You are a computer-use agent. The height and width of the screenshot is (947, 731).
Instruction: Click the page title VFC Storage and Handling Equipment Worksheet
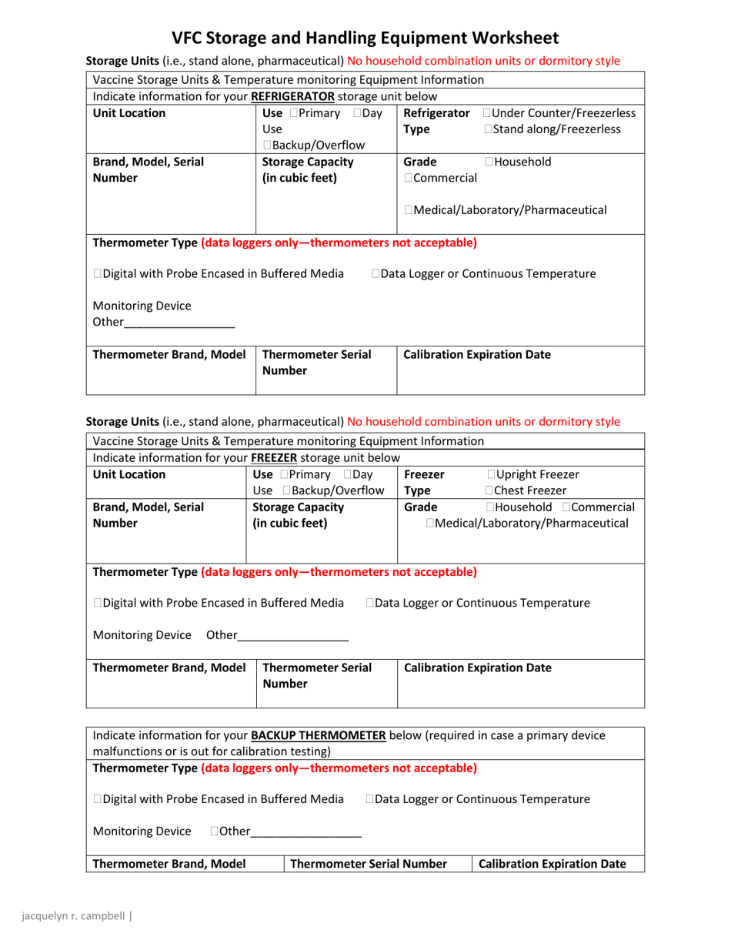tap(365, 38)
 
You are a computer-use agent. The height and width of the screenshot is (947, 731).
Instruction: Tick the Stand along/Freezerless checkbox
tap(489, 129)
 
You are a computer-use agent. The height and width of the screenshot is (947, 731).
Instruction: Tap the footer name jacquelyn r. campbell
tap(74, 916)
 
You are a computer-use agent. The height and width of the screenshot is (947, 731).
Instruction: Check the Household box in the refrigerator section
tap(489, 162)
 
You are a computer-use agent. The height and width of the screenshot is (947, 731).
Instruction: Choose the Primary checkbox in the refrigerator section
tap(284, 114)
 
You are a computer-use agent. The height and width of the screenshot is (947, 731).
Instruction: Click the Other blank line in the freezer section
tap(294, 636)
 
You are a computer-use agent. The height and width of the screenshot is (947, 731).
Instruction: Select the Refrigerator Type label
tap(435, 122)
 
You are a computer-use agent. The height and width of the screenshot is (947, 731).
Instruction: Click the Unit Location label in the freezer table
tap(129, 474)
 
